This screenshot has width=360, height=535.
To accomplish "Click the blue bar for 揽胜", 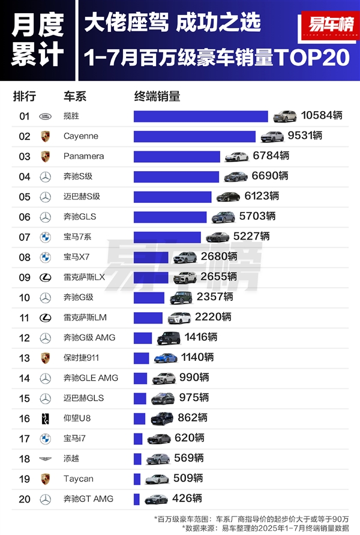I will tap(200, 116).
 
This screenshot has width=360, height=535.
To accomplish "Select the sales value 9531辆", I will tap(305, 136).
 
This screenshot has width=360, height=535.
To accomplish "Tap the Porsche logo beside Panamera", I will tap(45, 156).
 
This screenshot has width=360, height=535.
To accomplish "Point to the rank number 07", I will tap(25, 237).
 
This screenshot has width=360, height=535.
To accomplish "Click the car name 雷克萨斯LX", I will tap(84, 277).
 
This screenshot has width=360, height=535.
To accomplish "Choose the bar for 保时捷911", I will tap(142, 358).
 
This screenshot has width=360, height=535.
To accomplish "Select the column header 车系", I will tap(76, 97).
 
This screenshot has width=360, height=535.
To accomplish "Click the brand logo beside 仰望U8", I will tap(45, 419).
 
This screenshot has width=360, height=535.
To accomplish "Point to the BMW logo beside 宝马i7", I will tap(45, 439).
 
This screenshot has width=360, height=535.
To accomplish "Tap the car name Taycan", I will tap(76, 479).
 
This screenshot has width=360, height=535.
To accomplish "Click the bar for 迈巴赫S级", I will tap(173, 196).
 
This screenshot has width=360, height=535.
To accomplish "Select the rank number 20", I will tap(25, 499).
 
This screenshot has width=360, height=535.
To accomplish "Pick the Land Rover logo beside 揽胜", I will tap(45, 116).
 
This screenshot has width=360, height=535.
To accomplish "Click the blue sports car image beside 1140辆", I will tap(166, 358).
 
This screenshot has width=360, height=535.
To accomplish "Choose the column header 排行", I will tap(25, 97).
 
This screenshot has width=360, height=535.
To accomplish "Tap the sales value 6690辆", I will tap(271, 176).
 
